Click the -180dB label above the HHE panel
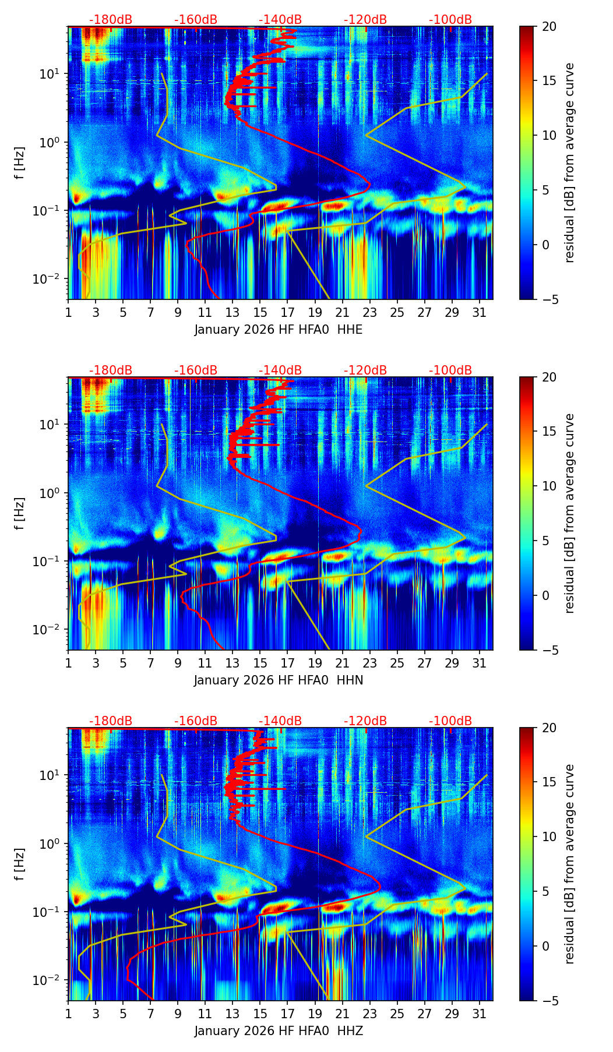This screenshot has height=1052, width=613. point(111,20)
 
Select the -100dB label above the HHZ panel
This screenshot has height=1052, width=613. point(450,721)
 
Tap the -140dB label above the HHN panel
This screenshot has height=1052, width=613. point(280,370)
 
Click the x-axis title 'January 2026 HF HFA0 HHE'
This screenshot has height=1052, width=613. point(279,330)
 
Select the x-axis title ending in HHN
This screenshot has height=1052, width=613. point(279,680)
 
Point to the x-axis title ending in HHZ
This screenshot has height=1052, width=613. point(279,1031)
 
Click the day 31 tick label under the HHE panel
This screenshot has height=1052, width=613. point(479,313)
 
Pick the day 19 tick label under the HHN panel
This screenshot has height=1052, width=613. point(315,663)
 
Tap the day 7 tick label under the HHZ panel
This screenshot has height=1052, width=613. point(150,1014)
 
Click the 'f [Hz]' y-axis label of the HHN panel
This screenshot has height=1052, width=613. point(20,513)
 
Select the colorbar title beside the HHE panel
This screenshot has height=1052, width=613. point(570,163)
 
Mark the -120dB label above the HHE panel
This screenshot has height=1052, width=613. point(365,20)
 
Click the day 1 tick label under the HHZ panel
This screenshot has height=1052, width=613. point(68,1014)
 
